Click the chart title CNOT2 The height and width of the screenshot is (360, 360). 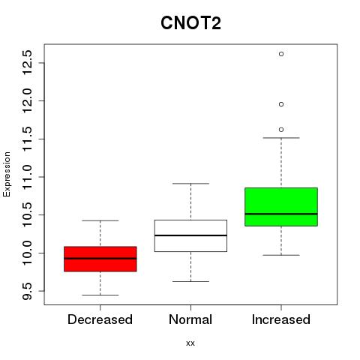pyautogui.click(x=190, y=23)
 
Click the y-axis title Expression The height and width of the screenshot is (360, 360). pyautogui.click(x=7, y=174)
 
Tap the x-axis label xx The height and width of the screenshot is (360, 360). pyautogui.click(x=190, y=343)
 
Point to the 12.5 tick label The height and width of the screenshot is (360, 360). pyautogui.click(x=27, y=62)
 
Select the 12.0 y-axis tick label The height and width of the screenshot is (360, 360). pyautogui.click(x=27, y=100)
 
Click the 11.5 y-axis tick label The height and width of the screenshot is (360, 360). pyautogui.click(x=27, y=139)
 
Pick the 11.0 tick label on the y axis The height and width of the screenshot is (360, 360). pyautogui.click(x=27, y=177)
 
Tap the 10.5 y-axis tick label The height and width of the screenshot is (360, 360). pyautogui.click(x=27, y=214)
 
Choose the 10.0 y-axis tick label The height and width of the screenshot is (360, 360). pyautogui.click(x=27, y=253)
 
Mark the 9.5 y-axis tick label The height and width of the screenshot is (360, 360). pyautogui.click(x=27, y=291)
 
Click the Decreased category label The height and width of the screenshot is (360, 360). pyautogui.click(x=100, y=319)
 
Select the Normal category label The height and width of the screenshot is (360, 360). pyautogui.click(x=190, y=319)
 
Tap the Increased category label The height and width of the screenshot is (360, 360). pyautogui.click(x=281, y=319)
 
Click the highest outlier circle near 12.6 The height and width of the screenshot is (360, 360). pyautogui.click(x=281, y=54)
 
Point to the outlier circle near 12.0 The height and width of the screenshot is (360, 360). pyautogui.click(x=281, y=104)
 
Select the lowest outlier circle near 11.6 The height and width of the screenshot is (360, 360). pyautogui.click(x=281, y=130)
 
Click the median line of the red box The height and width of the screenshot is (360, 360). pyautogui.click(x=100, y=259)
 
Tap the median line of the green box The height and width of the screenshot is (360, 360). pyautogui.click(x=281, y=214)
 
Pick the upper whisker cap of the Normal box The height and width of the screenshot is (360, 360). pyautogui.click(x=190, y=184)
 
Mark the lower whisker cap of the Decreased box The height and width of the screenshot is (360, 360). pyautogui.click(x=100, y=295)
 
